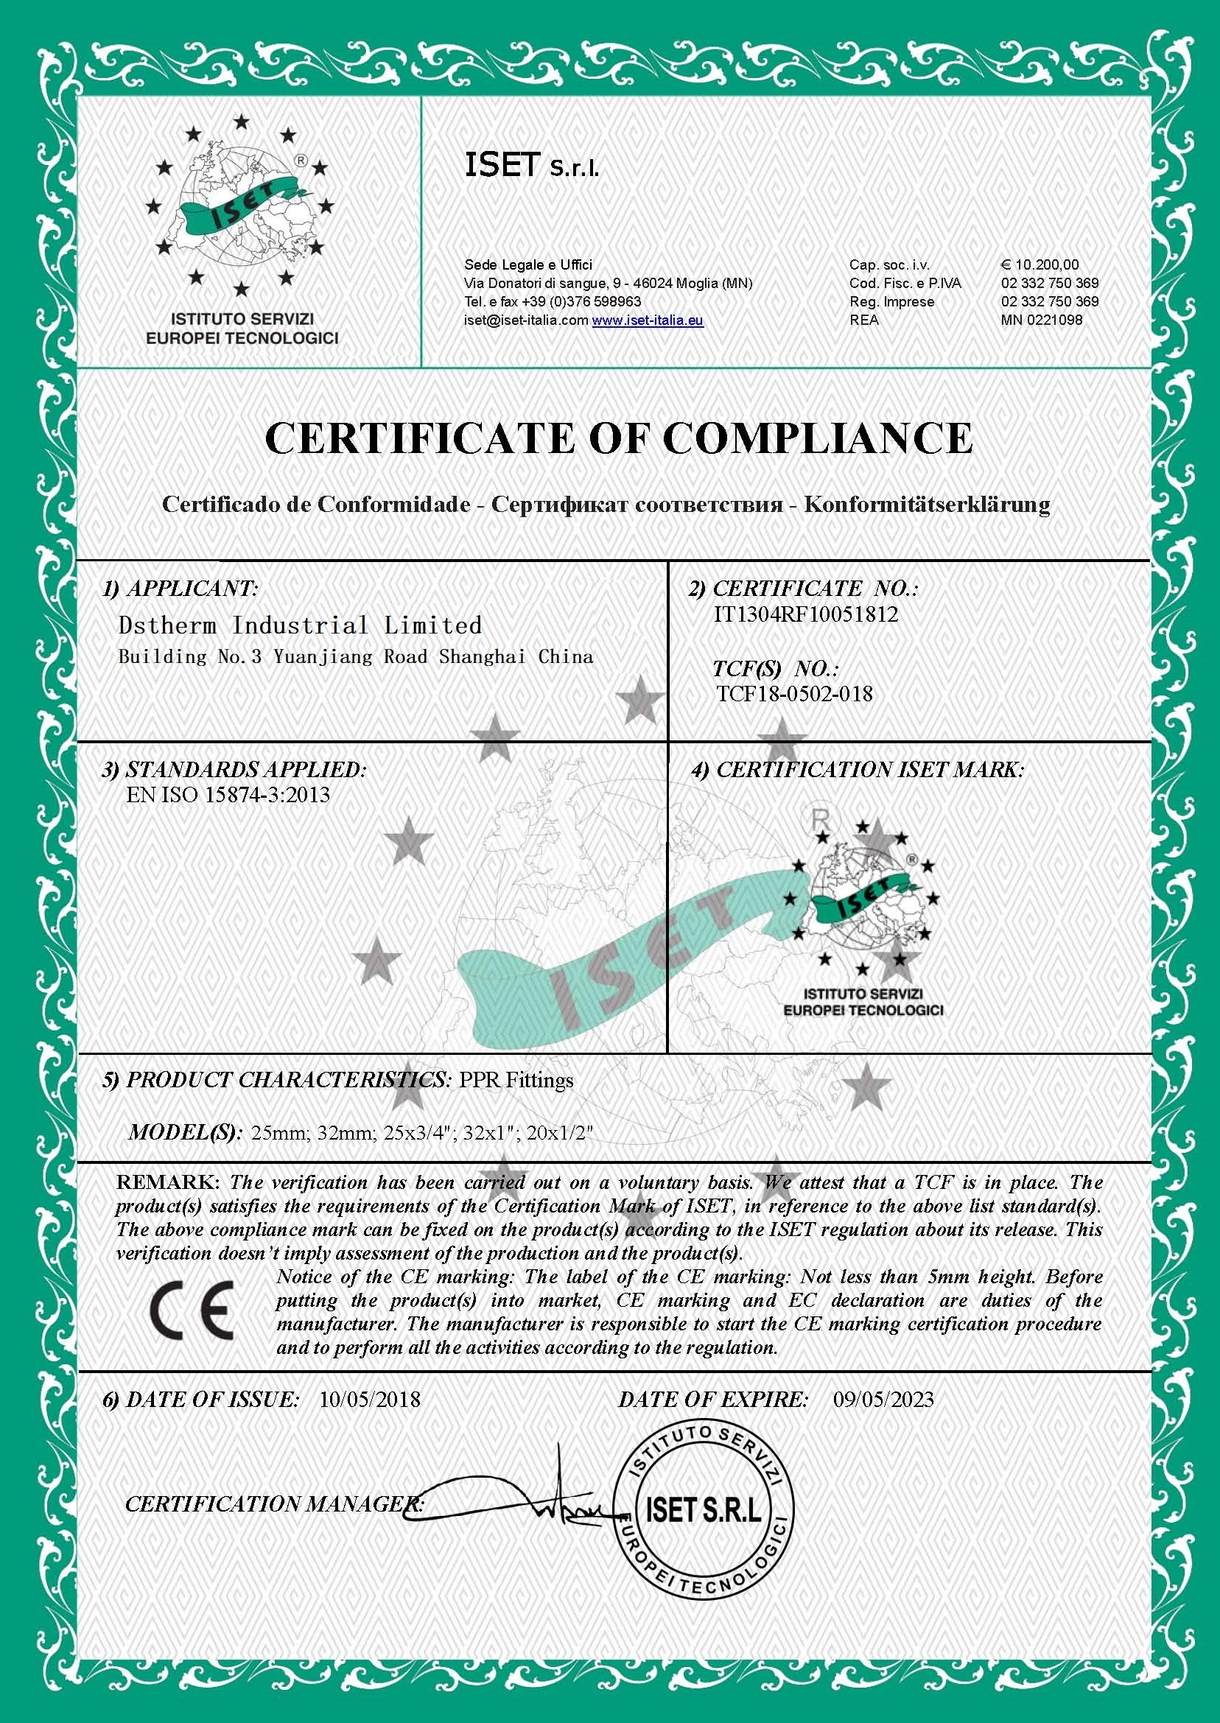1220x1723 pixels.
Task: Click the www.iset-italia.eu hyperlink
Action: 647,320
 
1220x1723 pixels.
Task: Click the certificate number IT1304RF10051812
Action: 805,614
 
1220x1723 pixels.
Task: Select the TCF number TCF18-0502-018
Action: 795,693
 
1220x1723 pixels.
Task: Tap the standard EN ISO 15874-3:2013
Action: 228,795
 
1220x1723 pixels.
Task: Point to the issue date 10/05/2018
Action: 370,1400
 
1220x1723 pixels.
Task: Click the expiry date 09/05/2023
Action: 883,1400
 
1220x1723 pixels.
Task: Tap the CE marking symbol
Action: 192,1311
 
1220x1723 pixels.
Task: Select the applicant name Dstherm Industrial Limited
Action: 300,625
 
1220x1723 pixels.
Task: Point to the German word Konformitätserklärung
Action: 927,504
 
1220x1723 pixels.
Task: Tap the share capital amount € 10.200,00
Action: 1040,264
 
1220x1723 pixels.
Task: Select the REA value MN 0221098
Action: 1041,320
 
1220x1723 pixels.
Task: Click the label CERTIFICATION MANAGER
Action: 274,1503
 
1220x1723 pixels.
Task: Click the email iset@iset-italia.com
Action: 526,320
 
